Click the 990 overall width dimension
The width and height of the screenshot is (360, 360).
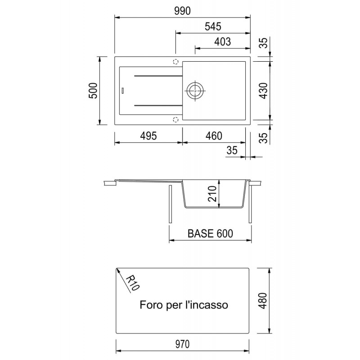tap(182, 11)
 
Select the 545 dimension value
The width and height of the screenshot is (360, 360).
tap(213, 27)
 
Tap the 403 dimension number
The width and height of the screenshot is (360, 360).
tap(222, 42)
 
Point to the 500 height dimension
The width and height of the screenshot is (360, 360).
tap(93, 91)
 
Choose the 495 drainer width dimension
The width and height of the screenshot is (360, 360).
tap(148, 136)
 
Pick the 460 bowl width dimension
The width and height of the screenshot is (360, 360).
tap(214, 136)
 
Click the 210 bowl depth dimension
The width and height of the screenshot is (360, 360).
tap(212, 194)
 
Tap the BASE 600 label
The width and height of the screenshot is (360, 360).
tap(210, 234)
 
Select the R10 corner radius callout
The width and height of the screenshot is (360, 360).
tap(133, 283)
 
